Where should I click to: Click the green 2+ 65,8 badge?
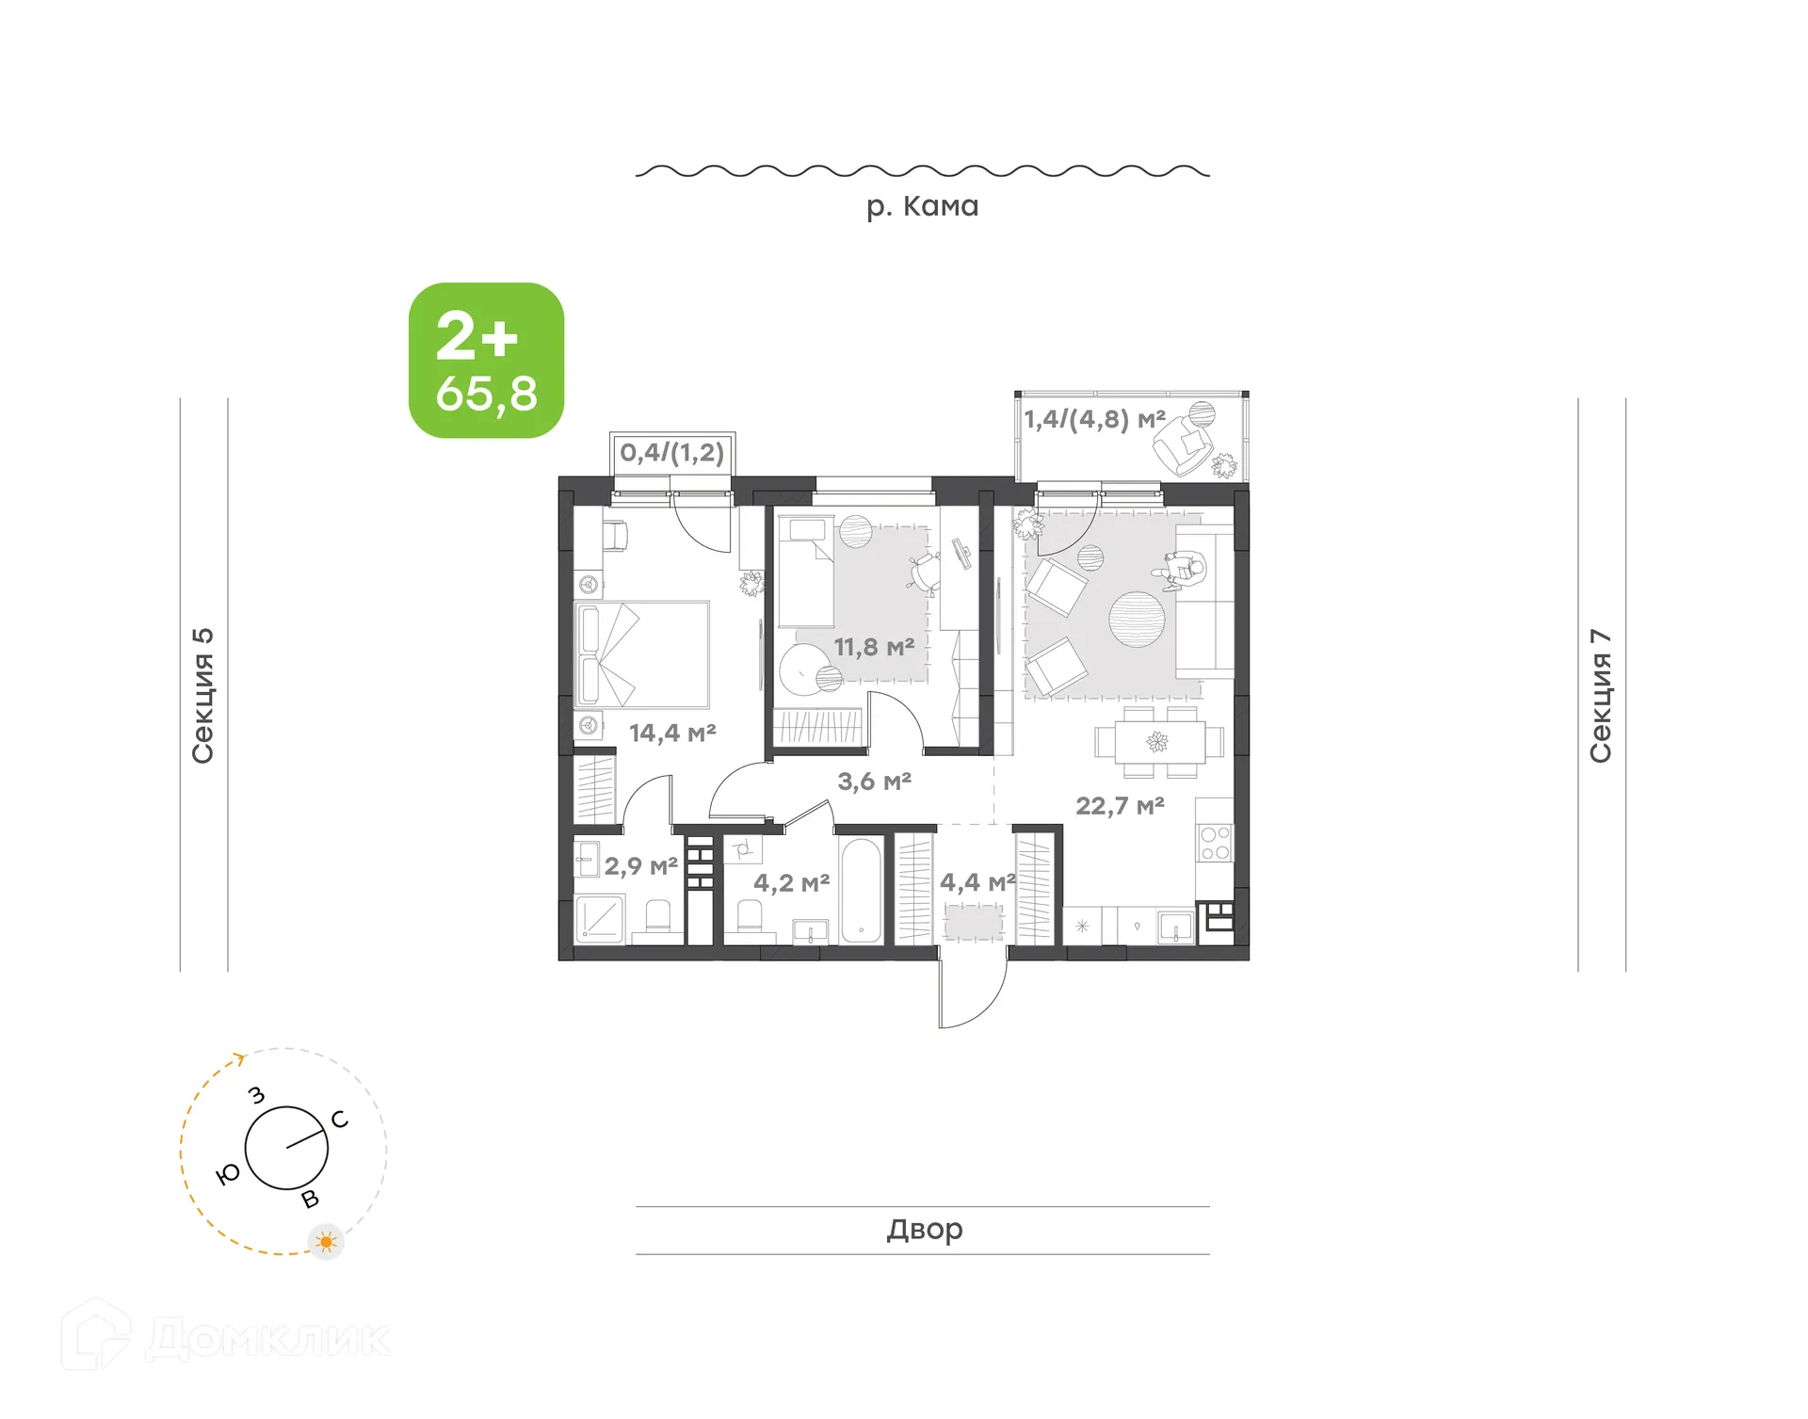point(486,361)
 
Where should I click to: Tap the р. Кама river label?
point(922,206)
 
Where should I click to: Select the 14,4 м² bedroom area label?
point(672,733)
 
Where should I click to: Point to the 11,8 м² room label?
point(874,648)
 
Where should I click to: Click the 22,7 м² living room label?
point(1120,806)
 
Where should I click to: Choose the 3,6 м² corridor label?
point(874,782)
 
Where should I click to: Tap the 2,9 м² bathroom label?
point(640,866)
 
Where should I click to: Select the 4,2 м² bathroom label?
point(791,883)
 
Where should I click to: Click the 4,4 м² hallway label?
point(977,882)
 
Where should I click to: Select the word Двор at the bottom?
point(924,1230)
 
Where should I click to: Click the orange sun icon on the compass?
point(326,1242)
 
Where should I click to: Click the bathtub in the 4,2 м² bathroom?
point(861,890)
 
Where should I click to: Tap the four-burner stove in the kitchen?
point(1215,844)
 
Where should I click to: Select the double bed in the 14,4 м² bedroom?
point(641,655)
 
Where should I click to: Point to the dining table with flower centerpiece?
point(1158,742)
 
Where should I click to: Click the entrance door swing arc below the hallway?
point(975,998)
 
